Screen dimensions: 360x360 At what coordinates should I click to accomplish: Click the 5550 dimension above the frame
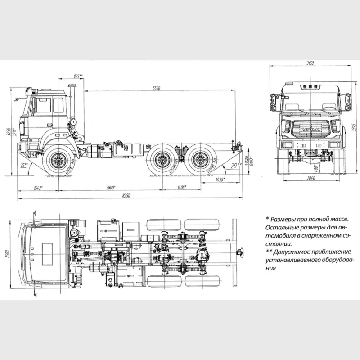point(156,88)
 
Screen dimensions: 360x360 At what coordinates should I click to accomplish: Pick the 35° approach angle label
point(24,165)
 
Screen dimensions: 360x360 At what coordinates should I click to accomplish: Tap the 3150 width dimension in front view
point(309,63)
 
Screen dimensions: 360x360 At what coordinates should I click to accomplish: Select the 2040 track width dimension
point(309,179)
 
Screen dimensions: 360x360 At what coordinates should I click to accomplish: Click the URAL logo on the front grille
point(309,130)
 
